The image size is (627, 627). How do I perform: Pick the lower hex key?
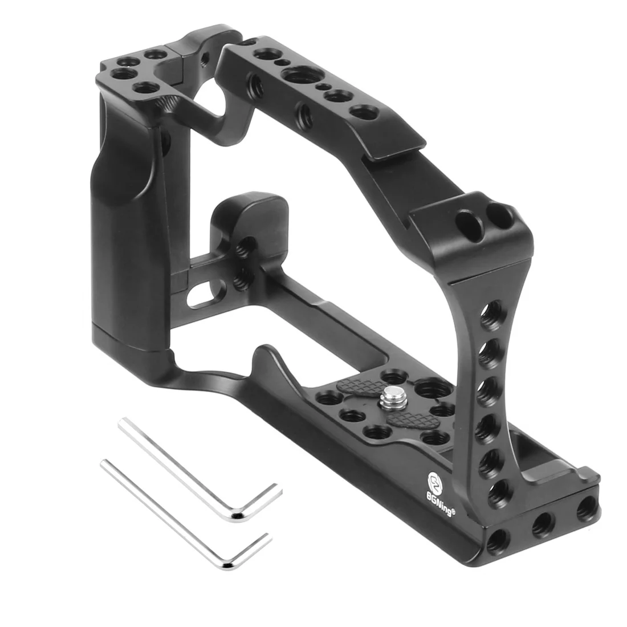[184, 514]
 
